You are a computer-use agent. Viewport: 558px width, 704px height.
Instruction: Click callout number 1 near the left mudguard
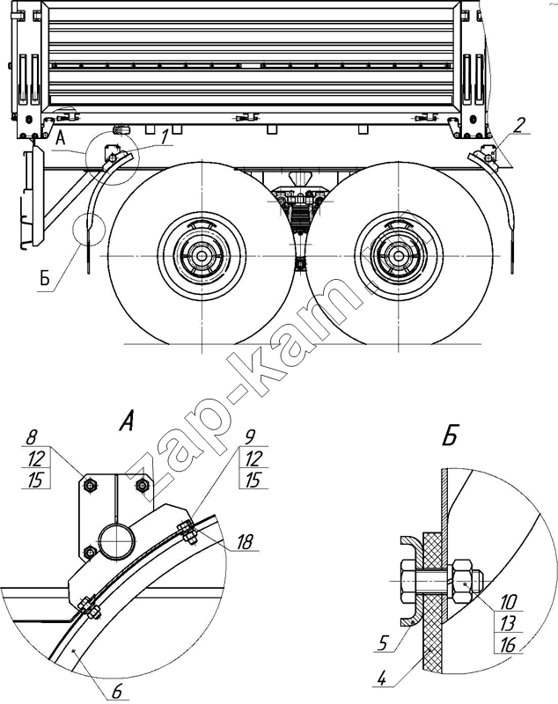point(165,137)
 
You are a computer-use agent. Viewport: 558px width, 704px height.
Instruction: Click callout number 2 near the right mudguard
point(518,125)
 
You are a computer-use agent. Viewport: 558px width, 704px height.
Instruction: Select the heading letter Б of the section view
point(450,435)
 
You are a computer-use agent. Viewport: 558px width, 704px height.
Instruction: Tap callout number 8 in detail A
point(32,437)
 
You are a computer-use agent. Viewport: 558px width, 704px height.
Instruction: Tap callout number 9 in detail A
point(251,436)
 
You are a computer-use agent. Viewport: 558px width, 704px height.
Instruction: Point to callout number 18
point(245,542)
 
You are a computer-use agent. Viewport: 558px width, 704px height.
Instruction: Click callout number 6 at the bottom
point(117,692)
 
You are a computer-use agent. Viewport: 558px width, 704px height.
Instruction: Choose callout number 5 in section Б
point(382,643)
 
